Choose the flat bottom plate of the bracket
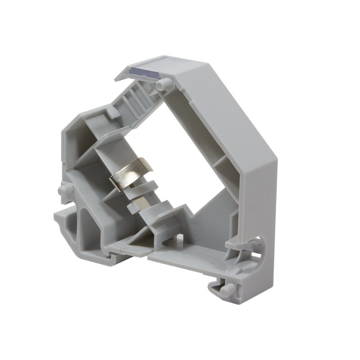tap(189, 261)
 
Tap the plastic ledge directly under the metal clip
tap(148, 184)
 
